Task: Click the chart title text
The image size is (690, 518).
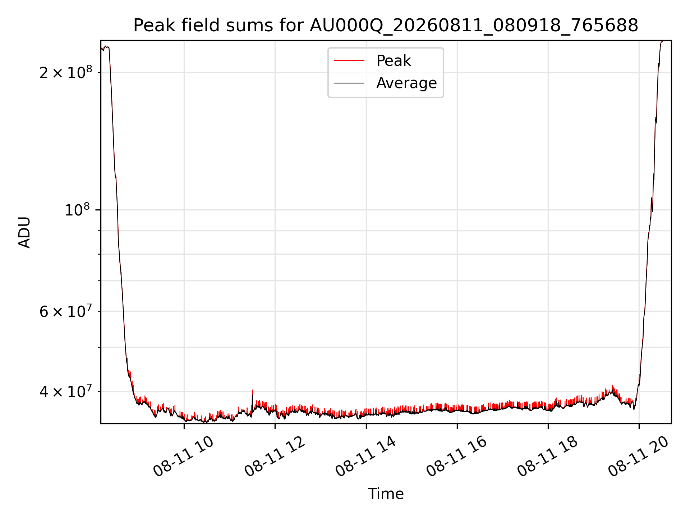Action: (386, 26)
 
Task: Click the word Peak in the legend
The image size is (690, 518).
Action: (394, 60)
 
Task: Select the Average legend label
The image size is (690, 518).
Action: (406, 83)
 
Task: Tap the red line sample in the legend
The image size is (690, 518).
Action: (349, 60)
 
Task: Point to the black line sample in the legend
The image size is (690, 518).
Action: (349, 83)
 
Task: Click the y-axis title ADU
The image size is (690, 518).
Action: (24, 232)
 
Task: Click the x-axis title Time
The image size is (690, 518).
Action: (386, 494)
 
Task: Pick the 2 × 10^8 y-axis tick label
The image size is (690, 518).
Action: (65, 72)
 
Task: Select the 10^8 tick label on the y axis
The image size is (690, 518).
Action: (78, 210)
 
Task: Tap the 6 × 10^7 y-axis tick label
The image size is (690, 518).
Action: (65, 311)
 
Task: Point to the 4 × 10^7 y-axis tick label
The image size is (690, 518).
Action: (65, 391)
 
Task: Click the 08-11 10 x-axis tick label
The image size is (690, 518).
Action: (184, 457)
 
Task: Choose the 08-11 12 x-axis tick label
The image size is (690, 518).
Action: (275, 457)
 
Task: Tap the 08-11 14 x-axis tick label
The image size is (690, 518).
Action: (366, 457)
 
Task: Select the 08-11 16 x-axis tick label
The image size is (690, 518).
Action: (457, 457)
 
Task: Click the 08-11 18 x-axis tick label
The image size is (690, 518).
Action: (548, 457)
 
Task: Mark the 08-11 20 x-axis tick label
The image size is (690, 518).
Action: (639, 457)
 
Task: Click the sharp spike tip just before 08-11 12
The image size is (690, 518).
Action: (252, 390)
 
